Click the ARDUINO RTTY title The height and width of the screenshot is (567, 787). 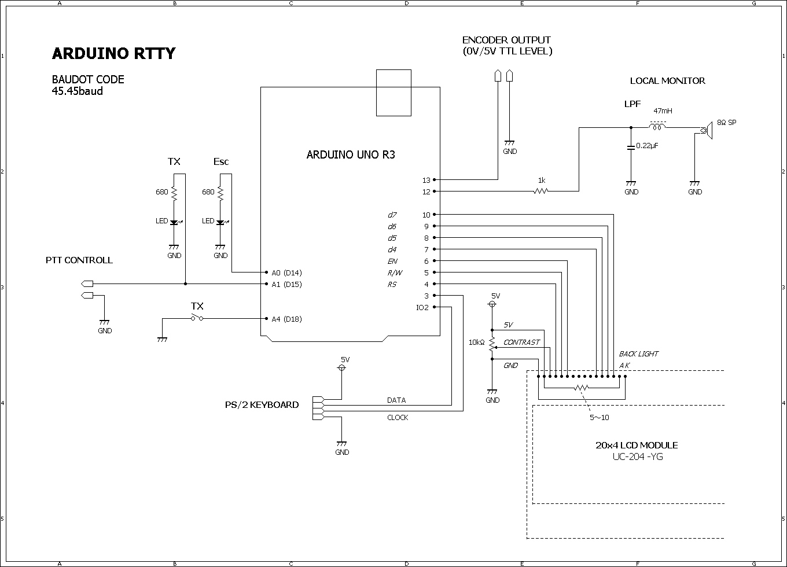(113, 54)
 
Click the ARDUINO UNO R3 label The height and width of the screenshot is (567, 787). (351, 155)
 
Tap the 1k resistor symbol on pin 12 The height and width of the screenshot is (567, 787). (540, 191)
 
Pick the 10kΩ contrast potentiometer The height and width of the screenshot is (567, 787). (492, 344)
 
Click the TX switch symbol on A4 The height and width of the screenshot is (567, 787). (197, 318)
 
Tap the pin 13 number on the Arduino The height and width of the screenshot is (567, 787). (426, 180)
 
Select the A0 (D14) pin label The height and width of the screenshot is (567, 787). (286, 273)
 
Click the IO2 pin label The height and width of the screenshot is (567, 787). (422, 307)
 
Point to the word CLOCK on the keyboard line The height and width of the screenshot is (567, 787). (398, 418)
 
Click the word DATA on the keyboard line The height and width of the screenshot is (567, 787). (396, 400)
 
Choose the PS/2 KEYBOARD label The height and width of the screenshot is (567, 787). (262, 405)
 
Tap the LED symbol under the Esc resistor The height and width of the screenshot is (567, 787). (220, 222)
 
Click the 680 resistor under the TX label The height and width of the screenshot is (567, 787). (174, 193)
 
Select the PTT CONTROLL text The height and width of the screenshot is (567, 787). (79, 260)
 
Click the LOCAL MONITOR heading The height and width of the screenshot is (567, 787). (667, 81)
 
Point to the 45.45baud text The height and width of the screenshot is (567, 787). (78, 91)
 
